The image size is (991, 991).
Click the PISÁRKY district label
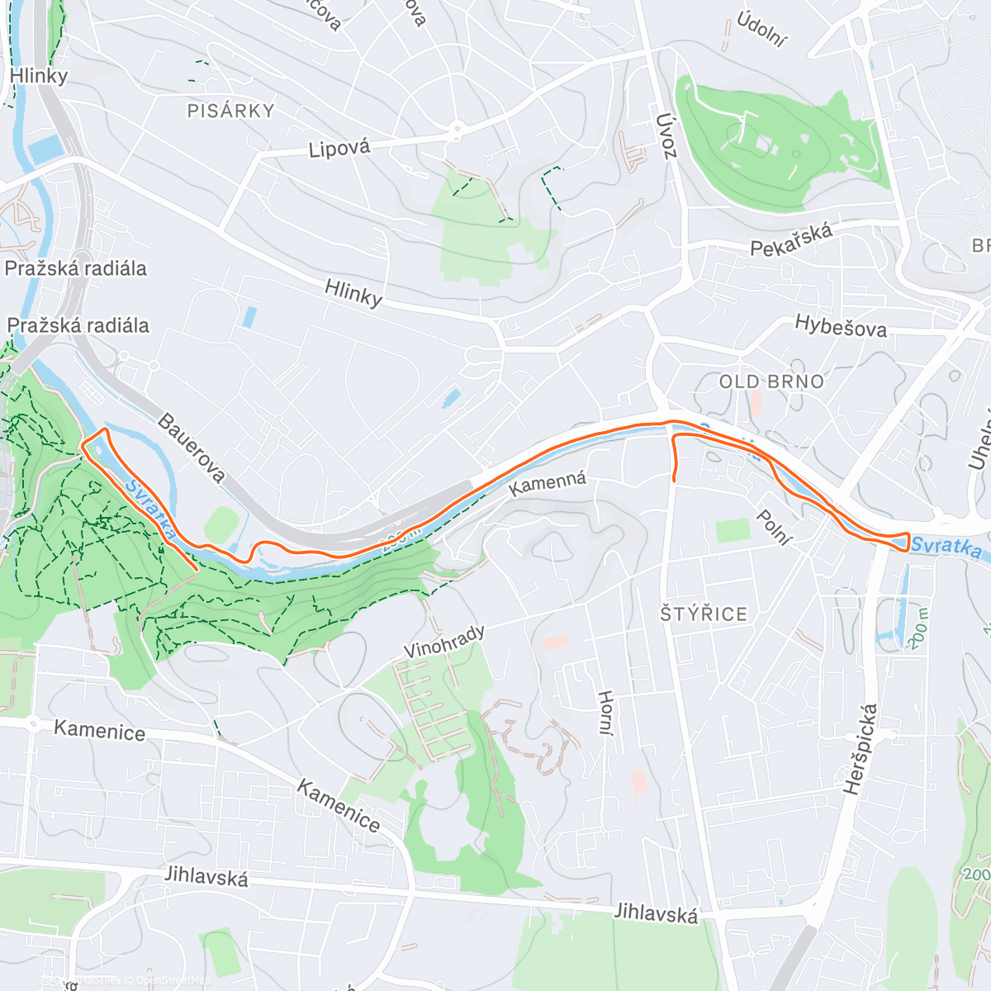(x=230, y=111)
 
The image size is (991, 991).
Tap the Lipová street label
(x=339, y=149)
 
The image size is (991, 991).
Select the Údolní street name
(x=762, y=31)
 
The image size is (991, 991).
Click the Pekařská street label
(x=791, y=239)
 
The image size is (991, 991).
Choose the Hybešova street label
(x=841, y=326)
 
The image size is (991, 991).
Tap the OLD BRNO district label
(x=771, y=382)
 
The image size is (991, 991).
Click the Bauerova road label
(x=191, y=448)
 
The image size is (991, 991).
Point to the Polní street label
(x=774, y=528)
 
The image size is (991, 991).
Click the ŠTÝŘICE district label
(x=704, y=614)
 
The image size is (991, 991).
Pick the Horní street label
(x=605, y=713)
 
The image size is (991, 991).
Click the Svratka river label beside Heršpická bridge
(x=946, y=548)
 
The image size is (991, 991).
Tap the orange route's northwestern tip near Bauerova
(x=93, y=435)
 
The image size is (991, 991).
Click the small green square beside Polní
(x=733, y=530)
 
